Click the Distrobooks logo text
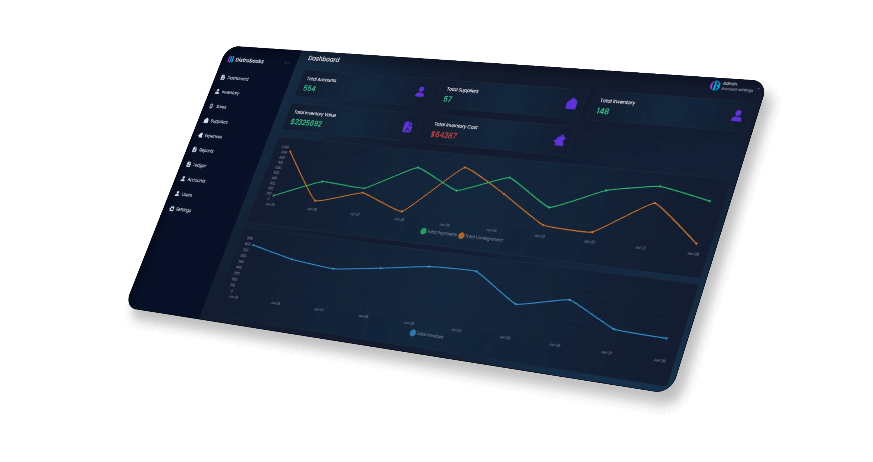pos(249,60)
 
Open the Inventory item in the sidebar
pos(230,93)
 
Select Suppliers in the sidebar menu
pos(219,121)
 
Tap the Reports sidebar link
pos(206,150)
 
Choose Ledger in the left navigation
pos(199,165)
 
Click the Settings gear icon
pos(172,209)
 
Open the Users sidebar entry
pos(186,194)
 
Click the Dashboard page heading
pos(324,59)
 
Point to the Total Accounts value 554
pos(309,88)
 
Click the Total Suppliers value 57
pos(448,99)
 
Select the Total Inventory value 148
pos(603,111)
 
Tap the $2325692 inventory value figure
pos(306,123)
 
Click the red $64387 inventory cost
pos(444,135)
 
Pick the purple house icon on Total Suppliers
pos(571,104)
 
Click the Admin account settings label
pos(737,87)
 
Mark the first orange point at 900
pos(290,152)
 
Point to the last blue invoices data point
pos(667,338)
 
